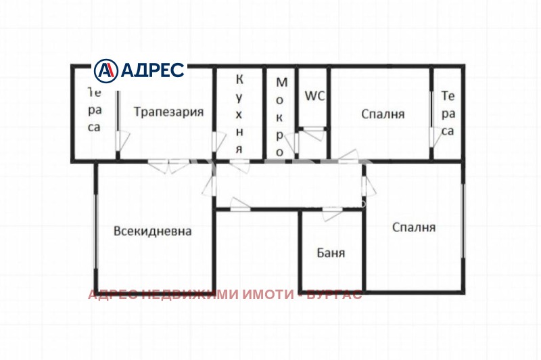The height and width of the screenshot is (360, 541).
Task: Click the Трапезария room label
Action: click(168, 112)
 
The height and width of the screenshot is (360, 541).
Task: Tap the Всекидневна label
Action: click(153, 231)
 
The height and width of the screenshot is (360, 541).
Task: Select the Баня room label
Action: click(331, 254)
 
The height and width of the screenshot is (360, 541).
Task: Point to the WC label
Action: click(314, 96)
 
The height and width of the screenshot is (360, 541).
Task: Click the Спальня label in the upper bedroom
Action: click(383, 114)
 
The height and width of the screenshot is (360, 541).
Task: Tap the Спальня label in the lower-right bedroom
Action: click(413, 227)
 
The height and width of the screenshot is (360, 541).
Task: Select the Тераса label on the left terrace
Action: click(95, 109)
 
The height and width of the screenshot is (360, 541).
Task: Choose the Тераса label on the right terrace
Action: click(448, 113)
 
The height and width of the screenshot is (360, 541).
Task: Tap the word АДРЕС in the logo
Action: click(152, 70)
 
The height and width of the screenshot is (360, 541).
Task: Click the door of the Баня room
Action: click(331, 214)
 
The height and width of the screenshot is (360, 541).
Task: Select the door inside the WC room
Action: click(312, 133)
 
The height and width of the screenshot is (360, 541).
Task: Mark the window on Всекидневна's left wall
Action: click(95, 230)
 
